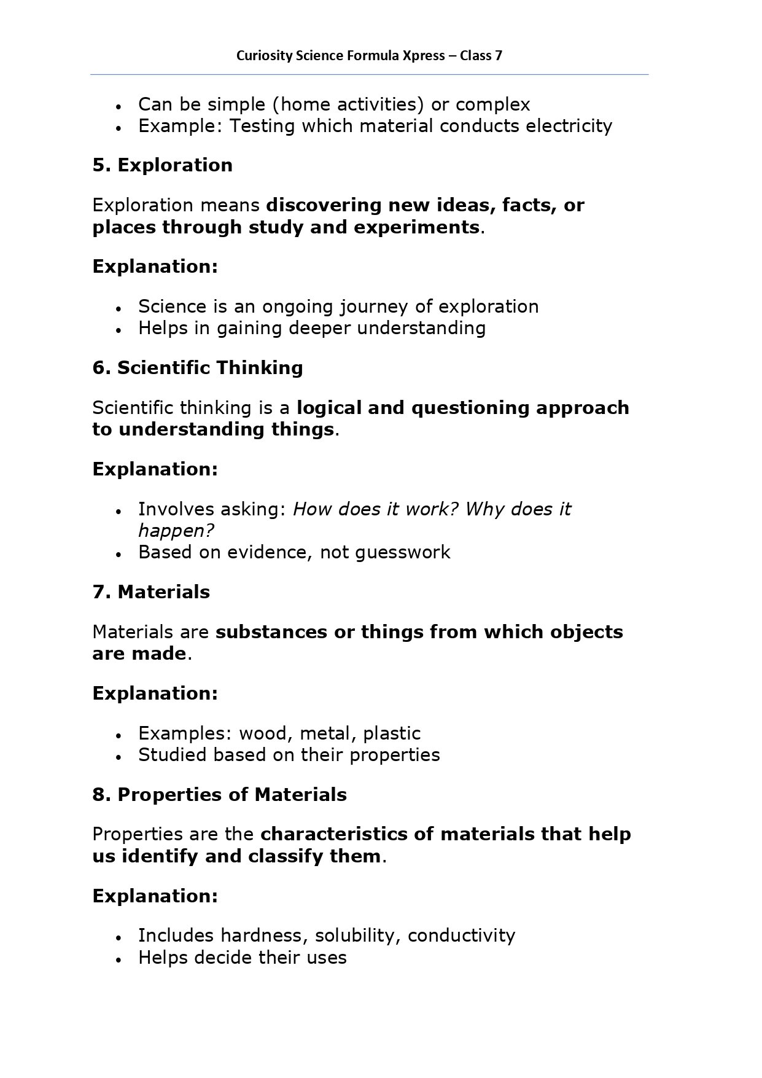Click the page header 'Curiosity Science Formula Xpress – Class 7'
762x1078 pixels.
tap(369, 56)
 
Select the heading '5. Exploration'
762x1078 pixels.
tap(163, 165)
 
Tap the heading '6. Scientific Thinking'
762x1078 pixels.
tap(198, 368)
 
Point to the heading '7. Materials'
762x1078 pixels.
tap(151, 592)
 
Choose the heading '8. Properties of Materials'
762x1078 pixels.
tap(220, 795)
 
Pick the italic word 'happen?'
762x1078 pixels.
tap(176, 531)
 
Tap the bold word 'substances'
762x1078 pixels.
tap(271, 632)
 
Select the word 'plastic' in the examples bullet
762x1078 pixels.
tap(392, 733)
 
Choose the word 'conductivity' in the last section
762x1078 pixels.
tap(461, 935)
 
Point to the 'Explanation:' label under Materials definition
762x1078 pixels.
tap(155, 693)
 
